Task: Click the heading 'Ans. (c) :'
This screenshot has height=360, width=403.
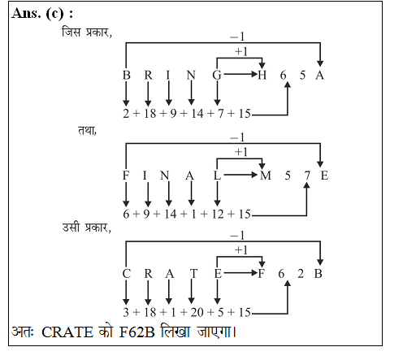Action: coord(42,13)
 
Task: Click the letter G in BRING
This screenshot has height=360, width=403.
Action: coord(217,75)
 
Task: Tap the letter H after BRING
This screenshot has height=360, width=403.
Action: coord(262,75)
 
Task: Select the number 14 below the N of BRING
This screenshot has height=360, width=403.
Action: coord(197,113)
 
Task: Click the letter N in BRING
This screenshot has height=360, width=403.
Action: coord(191,75)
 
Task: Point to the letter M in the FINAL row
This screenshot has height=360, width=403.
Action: coord(266,176)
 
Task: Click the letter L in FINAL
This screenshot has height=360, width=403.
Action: coord(217,176)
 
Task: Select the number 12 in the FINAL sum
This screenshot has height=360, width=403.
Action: coord(218,214)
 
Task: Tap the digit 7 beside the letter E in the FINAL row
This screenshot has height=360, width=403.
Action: coord(306,176)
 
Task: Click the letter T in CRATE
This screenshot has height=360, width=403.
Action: coord(193,274)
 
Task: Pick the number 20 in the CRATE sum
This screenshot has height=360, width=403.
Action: coord(197,312)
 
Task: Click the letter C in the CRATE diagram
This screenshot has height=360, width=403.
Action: coord(127,274)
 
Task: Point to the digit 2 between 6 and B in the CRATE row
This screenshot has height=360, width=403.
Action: coord(301,274)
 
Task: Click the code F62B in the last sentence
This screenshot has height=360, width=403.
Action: coord(136,332)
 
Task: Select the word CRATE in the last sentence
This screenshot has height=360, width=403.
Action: coord(67,332)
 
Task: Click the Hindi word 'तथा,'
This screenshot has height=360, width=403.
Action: coord(87,131)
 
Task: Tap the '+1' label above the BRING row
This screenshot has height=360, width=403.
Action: coord(241,51)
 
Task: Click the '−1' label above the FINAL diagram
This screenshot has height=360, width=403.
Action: coord(237,137)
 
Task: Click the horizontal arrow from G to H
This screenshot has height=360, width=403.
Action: coord(240,74)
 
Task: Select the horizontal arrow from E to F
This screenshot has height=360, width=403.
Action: coord(240,273)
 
